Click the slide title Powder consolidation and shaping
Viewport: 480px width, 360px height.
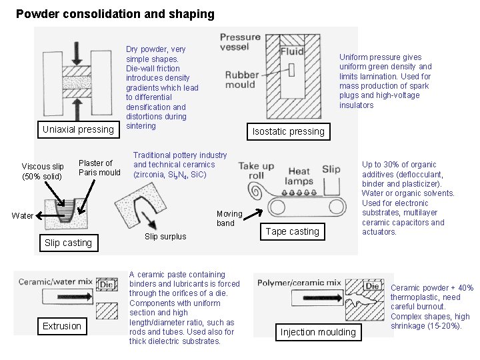pyautogui.click(x=115, y=13)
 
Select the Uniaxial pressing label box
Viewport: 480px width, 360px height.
pyautogui.click(x=79, y=129)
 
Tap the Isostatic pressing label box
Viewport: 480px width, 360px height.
pyautogui.click(x=289, y=131)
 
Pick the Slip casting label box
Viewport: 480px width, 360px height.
pyautogui.click(x=68, y=243)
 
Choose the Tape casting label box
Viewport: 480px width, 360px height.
pyautogui.click(x=293, y=231)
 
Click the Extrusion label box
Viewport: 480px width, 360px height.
pyautogui.click(x=62, y=326)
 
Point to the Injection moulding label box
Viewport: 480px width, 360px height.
pyautogui.click(x=319, y=332)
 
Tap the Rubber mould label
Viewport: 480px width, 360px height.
pyautogui.click(x=241, y=80)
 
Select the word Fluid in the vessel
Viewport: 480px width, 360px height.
pyautogui.click(x=292, y=51)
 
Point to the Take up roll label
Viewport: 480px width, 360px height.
pyautogui.click(x=257, y=171)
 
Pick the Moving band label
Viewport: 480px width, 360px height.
pyautogui.click(x=226, y=219)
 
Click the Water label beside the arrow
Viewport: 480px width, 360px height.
pyautogui.click(x=22, y=215)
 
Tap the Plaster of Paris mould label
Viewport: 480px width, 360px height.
pyautogui.click(x=99, y=167)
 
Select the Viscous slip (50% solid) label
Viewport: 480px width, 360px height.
pyautogui.click(x=43, y=171)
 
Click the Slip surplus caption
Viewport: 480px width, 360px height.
pyautogui.click(x=165, y=237)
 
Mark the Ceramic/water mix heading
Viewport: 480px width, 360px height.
pyautogui.click(x=55, y=282)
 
